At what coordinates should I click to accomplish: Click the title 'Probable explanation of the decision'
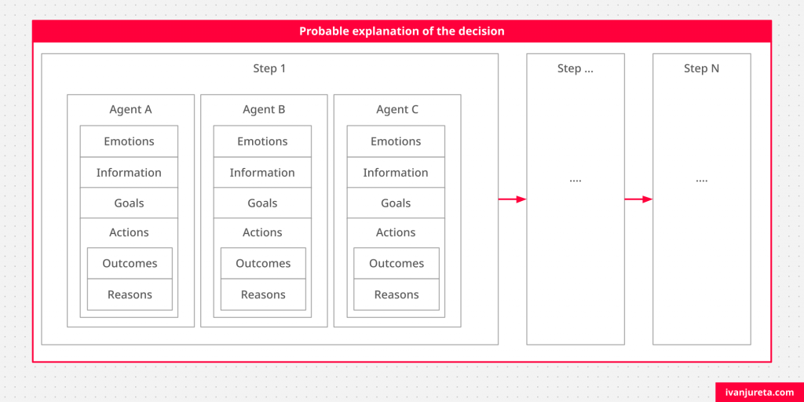coord(401,31)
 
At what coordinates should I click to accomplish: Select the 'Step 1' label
coord(269,68)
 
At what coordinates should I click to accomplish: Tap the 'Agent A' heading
coord(130,109)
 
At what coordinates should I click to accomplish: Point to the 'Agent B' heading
coord(264,109)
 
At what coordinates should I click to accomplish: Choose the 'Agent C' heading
coord(397,109)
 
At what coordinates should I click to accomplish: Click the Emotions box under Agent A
coord(129,141)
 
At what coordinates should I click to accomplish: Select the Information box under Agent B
coord(262,172)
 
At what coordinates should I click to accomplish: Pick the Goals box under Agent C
coord(396,203)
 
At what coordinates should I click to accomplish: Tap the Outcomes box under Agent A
coord(130,264)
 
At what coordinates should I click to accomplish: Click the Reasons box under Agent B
coord(263,294)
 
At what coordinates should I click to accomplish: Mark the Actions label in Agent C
coord(396,232)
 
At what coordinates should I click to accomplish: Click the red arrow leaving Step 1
coord(512,199)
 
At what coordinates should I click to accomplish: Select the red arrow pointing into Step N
coord(638,199)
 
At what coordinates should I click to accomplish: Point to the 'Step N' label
coord(701,68)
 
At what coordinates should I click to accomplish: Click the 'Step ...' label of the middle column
coord(576,68)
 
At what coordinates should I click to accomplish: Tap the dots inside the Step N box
coord(701,181)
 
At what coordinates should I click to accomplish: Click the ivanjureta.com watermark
coord(760,393)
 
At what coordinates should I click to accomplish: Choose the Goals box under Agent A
coord(129,203)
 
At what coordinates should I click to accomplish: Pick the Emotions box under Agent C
coord(396,141)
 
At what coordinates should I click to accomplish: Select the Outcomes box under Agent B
coord(263,264)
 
